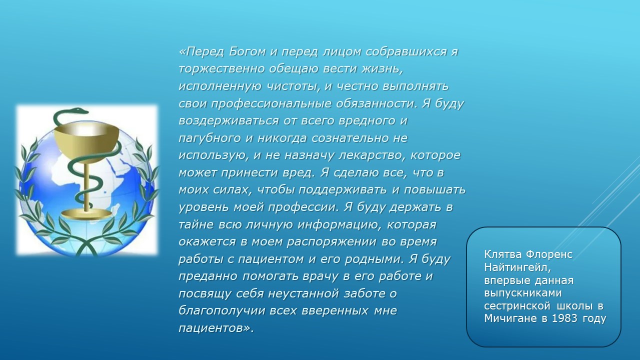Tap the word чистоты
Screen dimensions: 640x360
tap(293, 86)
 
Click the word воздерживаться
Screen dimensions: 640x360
tap(228, 121)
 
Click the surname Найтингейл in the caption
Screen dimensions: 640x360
tap(517, 267)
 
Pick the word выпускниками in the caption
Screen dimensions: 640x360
tap(523, 293)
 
